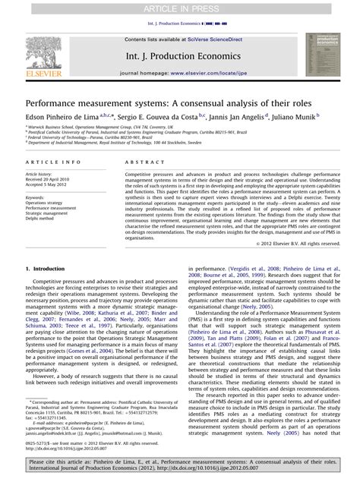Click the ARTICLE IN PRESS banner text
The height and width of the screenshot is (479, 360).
coord(180,7)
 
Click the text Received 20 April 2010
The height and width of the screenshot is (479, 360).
coord(47,177)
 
